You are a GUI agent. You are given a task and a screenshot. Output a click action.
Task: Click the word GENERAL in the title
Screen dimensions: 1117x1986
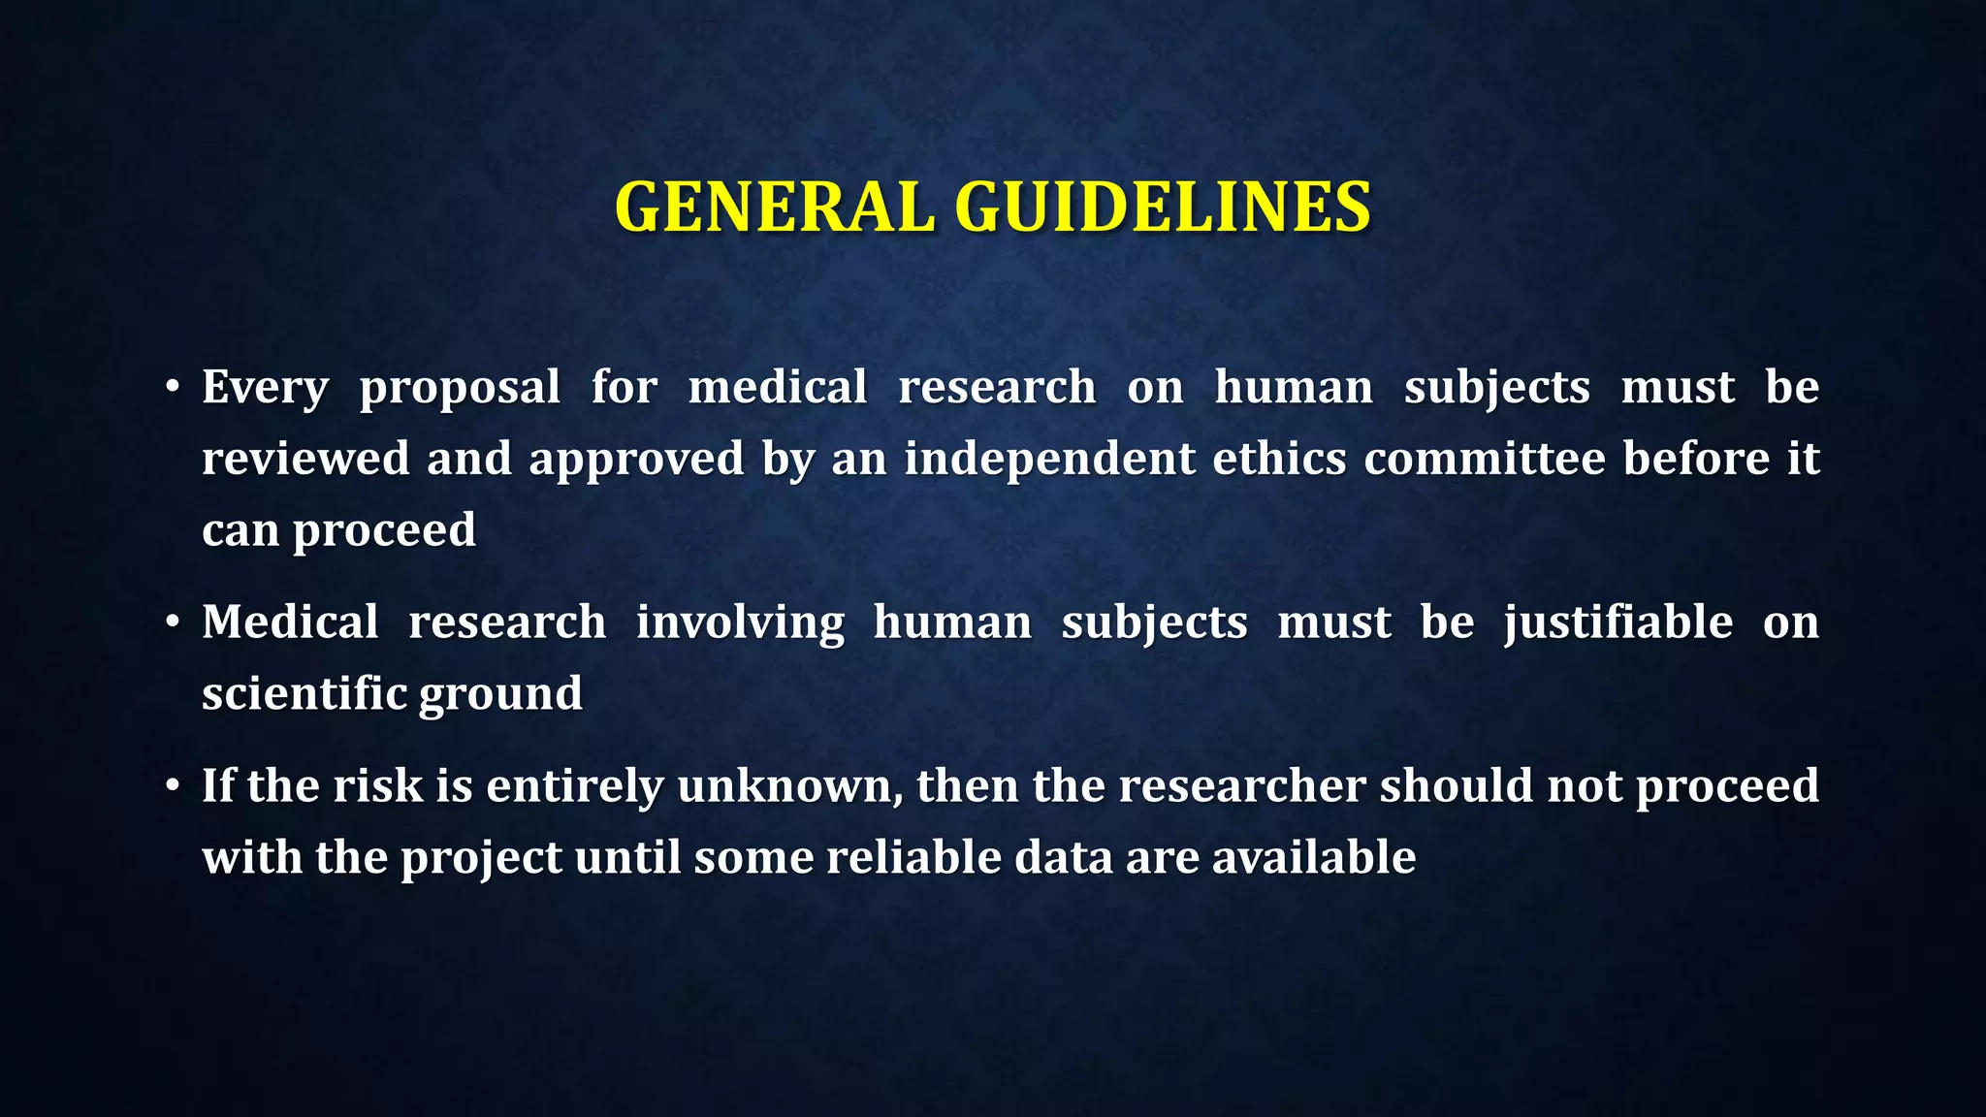tap(774, 207)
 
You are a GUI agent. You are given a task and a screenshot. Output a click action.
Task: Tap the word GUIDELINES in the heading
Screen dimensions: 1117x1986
tap(1163, 207)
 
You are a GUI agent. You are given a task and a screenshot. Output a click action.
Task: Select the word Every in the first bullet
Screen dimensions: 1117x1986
tap(265, 388)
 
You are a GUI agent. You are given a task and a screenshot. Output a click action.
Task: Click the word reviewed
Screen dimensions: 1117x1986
tap(305, 459)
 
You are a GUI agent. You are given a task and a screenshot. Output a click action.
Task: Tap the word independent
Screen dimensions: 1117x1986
tap(1049, 459)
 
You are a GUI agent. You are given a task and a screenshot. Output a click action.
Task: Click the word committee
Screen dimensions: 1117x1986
tap(1485, 459)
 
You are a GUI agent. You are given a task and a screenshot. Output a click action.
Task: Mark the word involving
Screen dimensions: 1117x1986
tap(740, 623)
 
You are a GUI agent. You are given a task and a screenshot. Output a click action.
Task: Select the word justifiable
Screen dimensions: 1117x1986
tap(1618, 623)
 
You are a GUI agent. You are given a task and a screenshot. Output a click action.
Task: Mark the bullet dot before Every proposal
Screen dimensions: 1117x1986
tap(173, 388)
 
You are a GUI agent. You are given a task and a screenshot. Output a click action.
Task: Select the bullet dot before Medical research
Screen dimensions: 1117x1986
tap(173, 622)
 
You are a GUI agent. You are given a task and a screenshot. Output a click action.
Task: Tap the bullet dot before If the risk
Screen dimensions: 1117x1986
tap(173, 786)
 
